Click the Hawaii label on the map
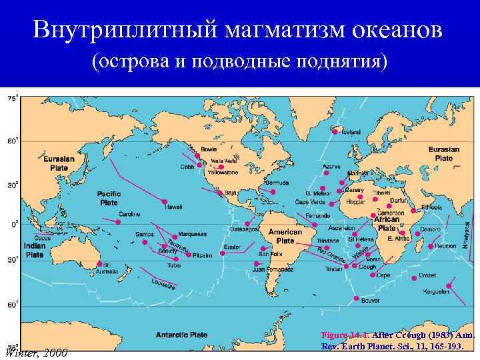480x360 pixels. (173, 207)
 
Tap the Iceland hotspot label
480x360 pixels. (351, 132)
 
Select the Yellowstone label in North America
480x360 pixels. (223, 172)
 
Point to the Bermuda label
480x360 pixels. (277, 182)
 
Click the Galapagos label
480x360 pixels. (244, 230)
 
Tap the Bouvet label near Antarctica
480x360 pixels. (370, 301)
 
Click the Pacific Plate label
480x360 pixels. (109, 198)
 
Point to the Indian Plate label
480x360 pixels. (35, 249)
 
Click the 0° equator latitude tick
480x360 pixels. (15, 225)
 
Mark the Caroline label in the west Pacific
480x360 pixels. (129, 214)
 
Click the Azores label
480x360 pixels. (331, 166)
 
